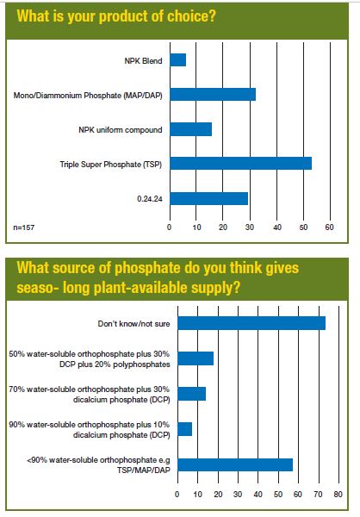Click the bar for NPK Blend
coord(178,60)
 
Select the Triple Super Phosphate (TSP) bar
coord(241,164)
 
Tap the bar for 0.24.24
coord(209,198)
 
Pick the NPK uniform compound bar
coord(191,129)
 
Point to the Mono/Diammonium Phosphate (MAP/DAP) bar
coord(213,95)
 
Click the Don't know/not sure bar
coord(251,323)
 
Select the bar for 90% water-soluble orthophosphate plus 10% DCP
coord(185,429)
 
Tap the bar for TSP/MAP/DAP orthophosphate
coord(235,465)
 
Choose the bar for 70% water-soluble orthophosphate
coord(192,394)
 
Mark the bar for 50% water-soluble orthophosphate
coord(196,358)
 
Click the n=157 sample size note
coord(24,227)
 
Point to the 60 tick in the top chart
coord(329,227)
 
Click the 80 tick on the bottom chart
coord(338,495)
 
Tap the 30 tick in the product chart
coord(250,227)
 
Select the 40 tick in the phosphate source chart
coord(258,495)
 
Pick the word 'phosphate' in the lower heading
coord(147,268)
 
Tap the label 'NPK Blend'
coord(144,61)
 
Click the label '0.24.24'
coord(150,199)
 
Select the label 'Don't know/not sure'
coord(133,324)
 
